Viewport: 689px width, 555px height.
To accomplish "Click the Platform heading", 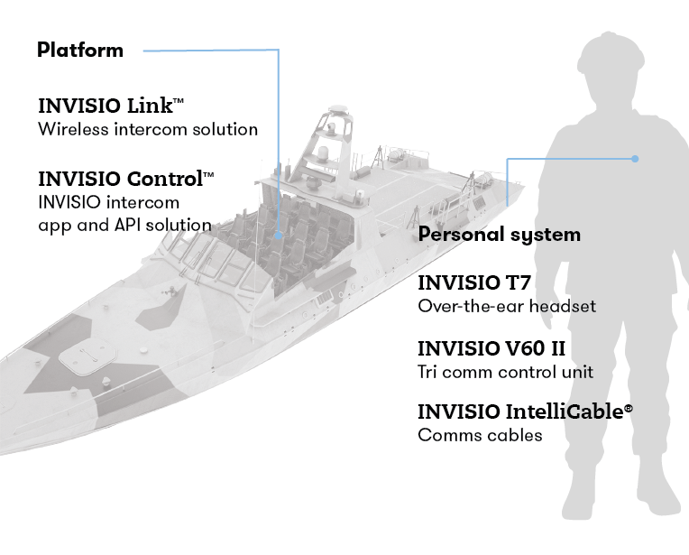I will [80, 50].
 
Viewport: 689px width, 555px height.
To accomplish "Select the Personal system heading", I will [500, 235].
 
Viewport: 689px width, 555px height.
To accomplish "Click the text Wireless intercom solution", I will [148, 129].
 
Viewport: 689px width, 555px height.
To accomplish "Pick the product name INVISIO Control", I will [120, 177].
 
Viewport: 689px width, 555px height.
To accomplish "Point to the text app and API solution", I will [124, 225].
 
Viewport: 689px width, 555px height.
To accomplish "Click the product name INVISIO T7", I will [473, 282].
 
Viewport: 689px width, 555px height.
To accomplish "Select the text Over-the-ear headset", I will [507, 306].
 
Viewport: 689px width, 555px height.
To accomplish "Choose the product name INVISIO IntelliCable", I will [519, 412].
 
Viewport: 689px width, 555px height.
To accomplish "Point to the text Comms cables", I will [480, 435].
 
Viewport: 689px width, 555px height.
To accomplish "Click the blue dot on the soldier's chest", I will [636, 159].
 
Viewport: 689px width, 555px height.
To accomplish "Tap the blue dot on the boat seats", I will [280, 235].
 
